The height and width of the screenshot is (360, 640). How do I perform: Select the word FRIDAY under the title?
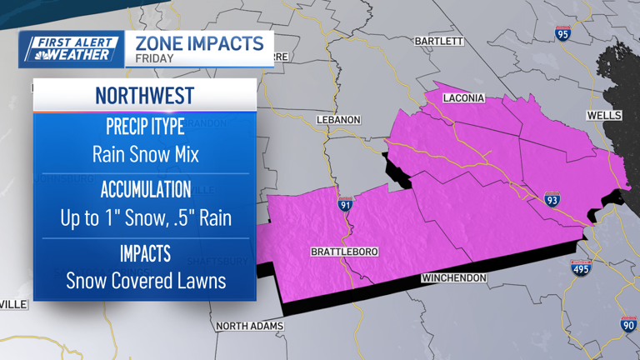(154, 59)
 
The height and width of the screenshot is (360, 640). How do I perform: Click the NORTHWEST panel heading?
(144, 95)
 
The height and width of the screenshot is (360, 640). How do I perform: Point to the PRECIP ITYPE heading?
(145, 127)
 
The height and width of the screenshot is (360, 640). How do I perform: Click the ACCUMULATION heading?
(145, 189)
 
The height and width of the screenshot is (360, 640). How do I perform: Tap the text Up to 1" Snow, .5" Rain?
(145, 217)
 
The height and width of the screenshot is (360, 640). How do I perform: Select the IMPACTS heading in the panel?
(145, 252)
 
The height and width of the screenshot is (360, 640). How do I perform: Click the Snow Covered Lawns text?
(145, 280)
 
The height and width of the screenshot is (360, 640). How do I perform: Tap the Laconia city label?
(464, 98)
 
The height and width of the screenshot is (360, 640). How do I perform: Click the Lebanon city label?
(339, 120)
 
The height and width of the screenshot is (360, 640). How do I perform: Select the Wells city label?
(604, 115)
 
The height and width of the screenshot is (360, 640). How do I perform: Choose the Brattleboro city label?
(344, 252)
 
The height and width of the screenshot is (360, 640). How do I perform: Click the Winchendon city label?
(454, 277)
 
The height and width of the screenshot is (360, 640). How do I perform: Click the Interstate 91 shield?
(346, 204)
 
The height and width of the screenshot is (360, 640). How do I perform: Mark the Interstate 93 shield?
(552, 199)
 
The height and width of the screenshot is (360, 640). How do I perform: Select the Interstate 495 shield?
(582, 267)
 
